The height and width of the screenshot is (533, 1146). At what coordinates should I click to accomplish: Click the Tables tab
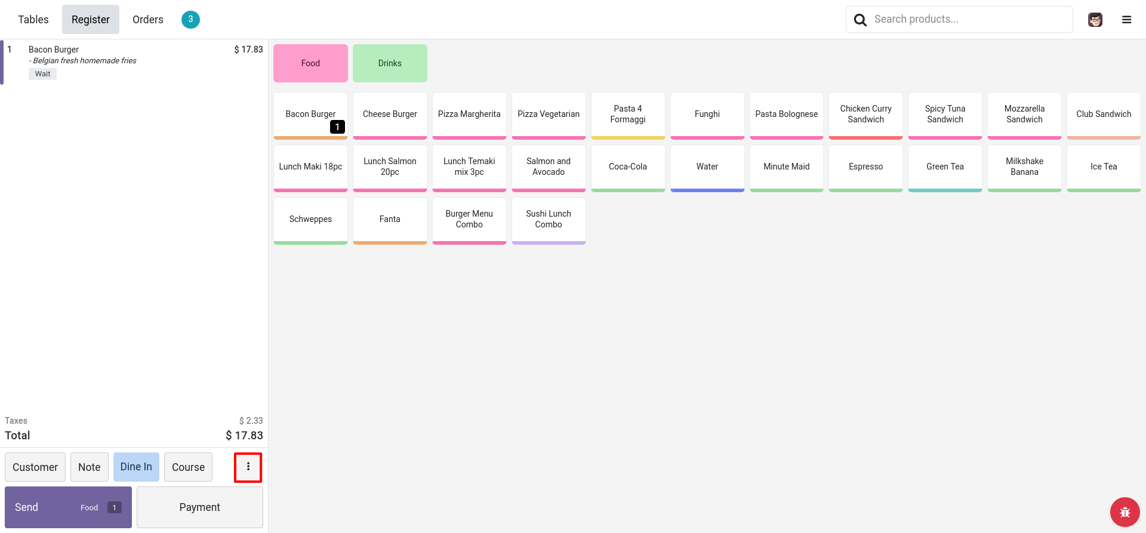(33, 20)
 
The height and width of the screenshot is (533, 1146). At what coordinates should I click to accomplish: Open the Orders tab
(148, 20)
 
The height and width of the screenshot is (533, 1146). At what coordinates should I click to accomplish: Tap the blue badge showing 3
(190, 20)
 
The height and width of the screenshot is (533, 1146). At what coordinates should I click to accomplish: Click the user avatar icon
(1095, 20)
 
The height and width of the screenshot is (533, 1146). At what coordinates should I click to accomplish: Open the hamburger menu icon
(1126, 20)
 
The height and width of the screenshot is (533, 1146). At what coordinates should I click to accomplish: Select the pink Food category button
(310, 63)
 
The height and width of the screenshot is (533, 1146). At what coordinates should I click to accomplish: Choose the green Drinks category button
(390, 63)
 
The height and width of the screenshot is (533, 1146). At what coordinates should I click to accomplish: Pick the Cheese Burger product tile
(390, 115)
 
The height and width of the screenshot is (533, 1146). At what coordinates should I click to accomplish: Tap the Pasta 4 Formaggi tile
(628, 115)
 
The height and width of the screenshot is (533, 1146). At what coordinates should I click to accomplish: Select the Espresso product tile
(865, 168)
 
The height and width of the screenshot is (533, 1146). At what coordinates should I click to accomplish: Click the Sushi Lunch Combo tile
(549, 220)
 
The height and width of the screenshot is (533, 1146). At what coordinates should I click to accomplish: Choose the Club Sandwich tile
(1104, 115)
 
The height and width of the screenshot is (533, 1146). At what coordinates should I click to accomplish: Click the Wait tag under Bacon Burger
(42, 74)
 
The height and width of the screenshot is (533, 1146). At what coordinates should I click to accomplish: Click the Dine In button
(136, 467)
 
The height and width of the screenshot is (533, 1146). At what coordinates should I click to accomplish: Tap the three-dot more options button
(248, 467)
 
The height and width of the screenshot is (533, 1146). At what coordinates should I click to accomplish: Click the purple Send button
(68, 507)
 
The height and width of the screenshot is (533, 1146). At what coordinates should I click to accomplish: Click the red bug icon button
(1125, 512)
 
